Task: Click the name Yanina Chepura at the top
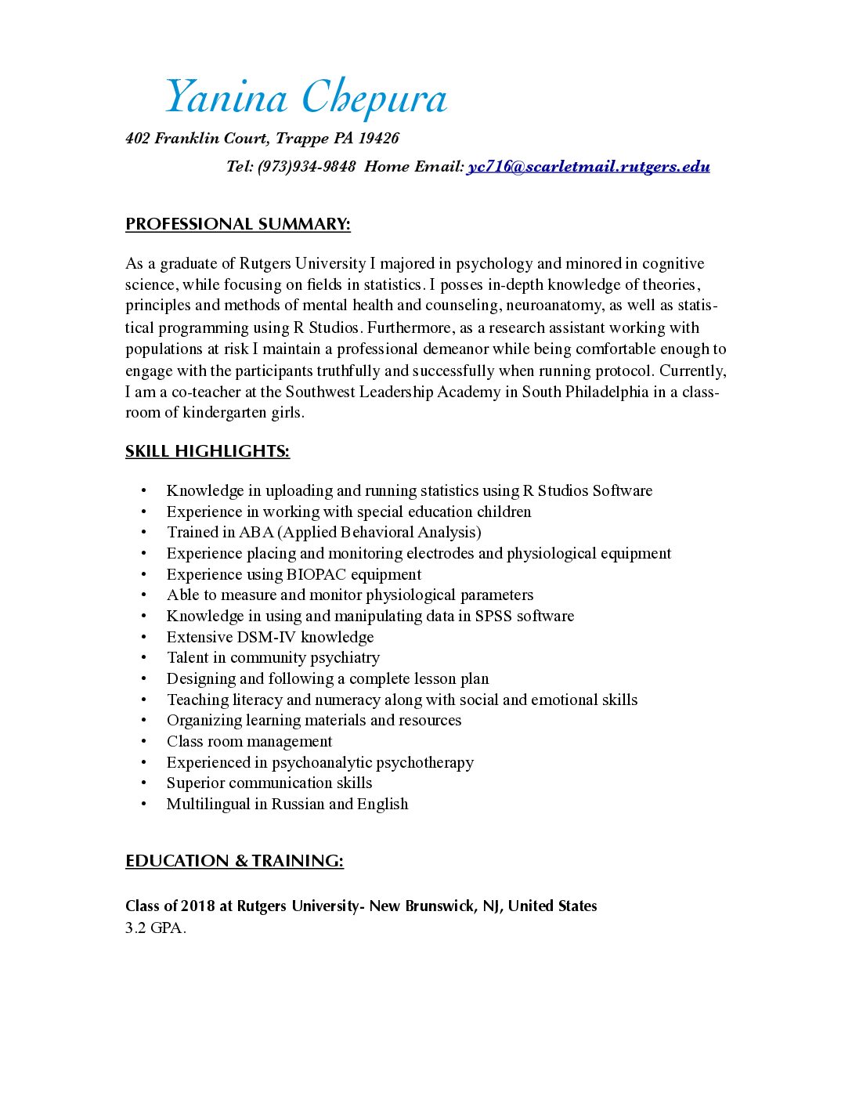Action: pyautogui.click(x=305, y=97)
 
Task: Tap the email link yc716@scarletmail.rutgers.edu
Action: pyautogui.click(x=588, y=166)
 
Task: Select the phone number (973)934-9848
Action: pyautogui.click(x=306, y=166)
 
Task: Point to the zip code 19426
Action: pyautogui.click(x=379, y=139)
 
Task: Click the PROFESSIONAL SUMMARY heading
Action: pyautogui.click(x=237, y=224)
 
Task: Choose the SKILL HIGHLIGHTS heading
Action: pyautogui.click(x=208, y=451)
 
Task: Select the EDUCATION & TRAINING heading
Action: pyautogui.click(x=234, y=861)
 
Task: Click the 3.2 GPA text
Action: pyautogui.click(x=156, y=928)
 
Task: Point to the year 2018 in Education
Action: pyautogui.click(x=197, y=906)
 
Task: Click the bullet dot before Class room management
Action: pyautogui.click(x=144, y=742)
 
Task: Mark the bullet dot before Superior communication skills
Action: pyautogui.click(x=144, y=783)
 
